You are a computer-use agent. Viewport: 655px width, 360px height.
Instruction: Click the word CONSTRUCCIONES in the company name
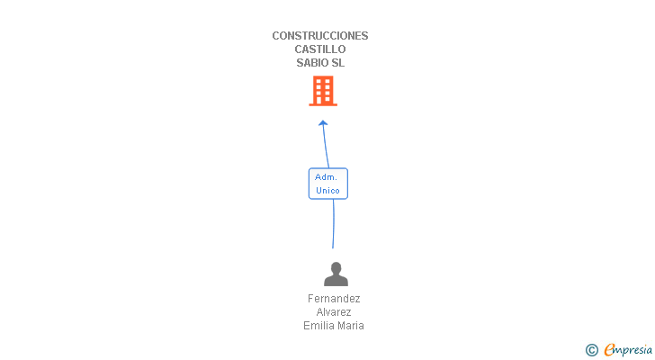320,36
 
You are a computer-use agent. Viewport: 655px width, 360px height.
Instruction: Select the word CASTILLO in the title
320,49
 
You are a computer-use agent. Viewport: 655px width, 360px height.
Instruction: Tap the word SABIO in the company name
309,63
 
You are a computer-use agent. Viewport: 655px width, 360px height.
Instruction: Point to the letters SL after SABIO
338,63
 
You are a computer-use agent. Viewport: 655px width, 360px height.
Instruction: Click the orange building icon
323,91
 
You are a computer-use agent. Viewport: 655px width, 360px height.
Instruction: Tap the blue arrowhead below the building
323,123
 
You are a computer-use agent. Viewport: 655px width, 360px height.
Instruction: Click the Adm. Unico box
327,184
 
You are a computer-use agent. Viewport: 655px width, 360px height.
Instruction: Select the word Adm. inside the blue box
326,177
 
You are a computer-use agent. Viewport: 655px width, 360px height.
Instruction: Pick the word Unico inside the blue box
327,191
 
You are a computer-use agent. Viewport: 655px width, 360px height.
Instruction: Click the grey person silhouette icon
336,274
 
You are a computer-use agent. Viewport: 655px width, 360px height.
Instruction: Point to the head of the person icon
336,267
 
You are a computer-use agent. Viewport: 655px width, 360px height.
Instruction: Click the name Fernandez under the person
334,299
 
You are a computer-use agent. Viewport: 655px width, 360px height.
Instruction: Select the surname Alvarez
334,312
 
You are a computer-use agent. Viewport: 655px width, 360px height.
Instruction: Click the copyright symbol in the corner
591,350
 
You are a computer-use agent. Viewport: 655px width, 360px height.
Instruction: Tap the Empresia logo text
628,350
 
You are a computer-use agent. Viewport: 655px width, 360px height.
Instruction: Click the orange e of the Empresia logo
609,350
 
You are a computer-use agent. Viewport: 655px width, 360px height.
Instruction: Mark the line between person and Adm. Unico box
333,224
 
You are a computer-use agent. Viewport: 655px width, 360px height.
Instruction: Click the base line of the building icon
323,104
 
